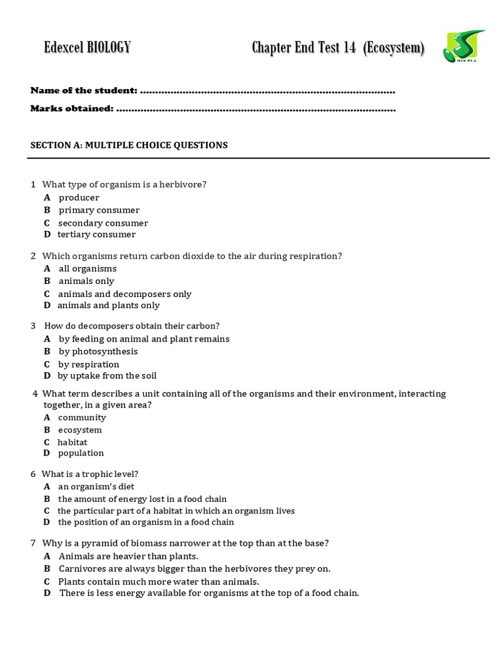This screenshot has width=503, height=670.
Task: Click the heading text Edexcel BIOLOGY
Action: tap(87, 48)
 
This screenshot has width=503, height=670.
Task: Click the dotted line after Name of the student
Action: tap(267, 90)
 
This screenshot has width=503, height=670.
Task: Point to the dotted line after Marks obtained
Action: tap(255, 109)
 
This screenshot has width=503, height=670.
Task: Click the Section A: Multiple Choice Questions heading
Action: tap(129, 145)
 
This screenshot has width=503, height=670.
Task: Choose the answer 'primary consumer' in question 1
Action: tap(99, 210)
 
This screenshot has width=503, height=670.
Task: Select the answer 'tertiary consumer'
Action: tap(96, 234)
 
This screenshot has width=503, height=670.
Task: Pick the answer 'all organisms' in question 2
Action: tap(87, 268)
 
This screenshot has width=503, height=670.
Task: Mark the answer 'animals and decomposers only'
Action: tap(124, 294)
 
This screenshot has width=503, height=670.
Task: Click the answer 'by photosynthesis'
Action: tap(98, 351)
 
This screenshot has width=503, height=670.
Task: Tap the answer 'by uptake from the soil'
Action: tap(107, 376)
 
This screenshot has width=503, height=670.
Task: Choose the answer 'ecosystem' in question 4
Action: tap(80, 430)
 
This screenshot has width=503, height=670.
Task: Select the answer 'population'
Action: tap(81, 453)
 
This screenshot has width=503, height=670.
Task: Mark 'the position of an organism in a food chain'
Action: tap(145, 522)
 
